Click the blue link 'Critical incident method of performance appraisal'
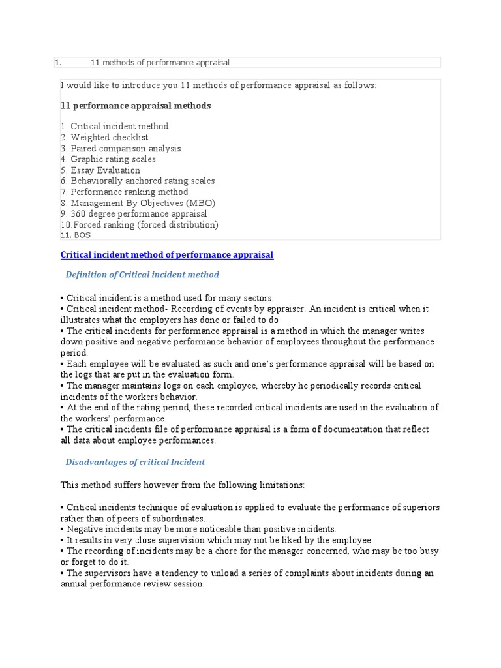(166, 255)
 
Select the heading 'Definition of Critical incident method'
(142, 275)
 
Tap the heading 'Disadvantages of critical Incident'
(135, 462)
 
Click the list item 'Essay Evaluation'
(105, 170)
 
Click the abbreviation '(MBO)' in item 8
(200, 203)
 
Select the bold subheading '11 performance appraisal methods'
(136, 105)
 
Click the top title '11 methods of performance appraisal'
(160, 63)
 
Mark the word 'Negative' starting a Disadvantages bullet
(85, 529)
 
